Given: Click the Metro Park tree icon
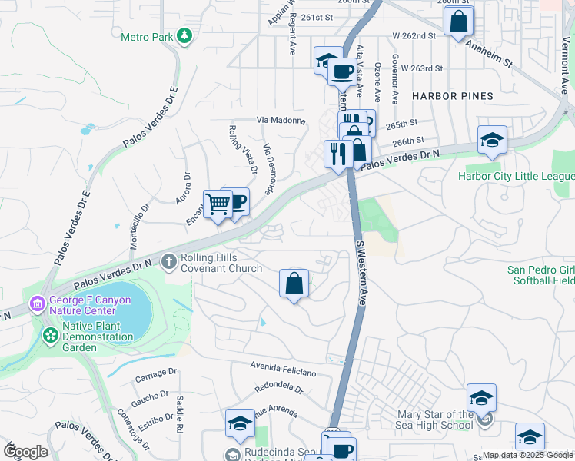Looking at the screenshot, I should pyautogui.click(x=184, y=36).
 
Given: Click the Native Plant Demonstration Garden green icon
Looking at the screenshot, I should pyautogui.click(x=50, y=336).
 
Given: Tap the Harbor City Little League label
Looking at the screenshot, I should pyautogui.click(x=516, y=176).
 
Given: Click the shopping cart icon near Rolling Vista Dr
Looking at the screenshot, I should pyautogui.click(x=218, y=204).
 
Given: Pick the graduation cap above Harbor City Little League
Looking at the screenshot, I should pyautogui.click(x=492, y=141).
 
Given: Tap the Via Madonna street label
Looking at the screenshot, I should pyautogui.click(x=281, y=121).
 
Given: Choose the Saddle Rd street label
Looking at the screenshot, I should pyautogui.click(x=180, y=413).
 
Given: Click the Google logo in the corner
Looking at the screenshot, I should pyautogui.click(x=25, y=452).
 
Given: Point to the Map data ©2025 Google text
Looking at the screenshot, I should pyautogui.click(x=527, y=455).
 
